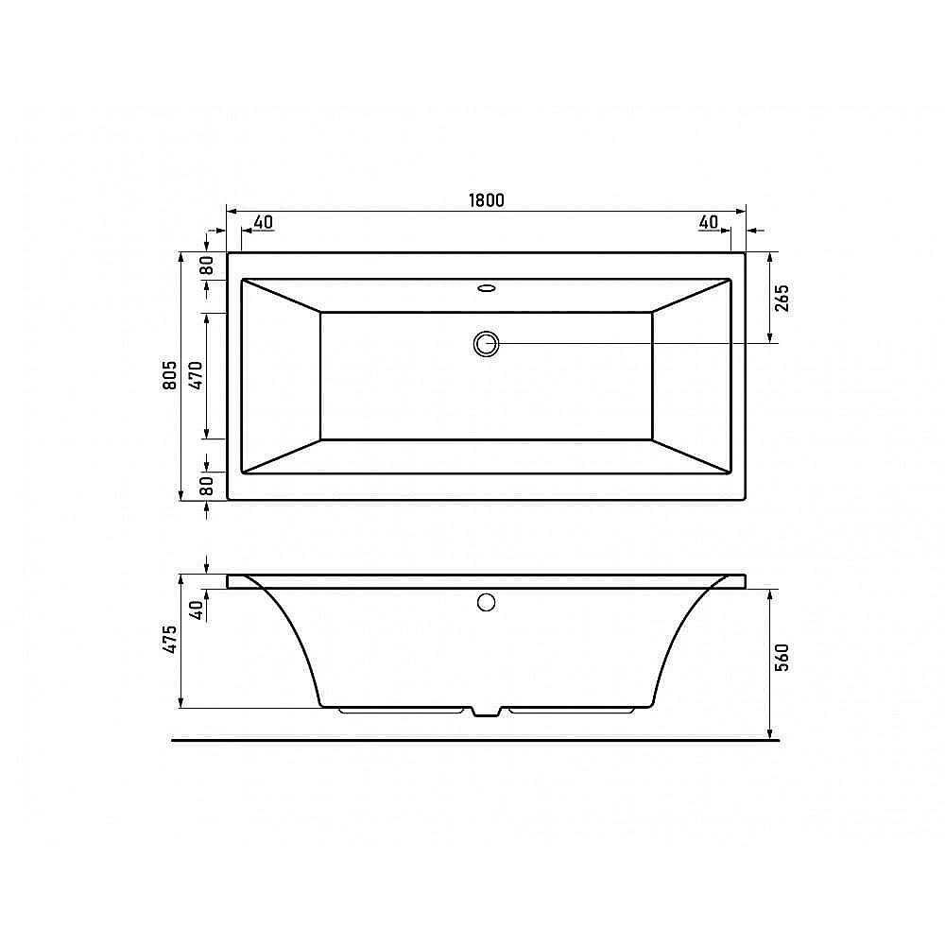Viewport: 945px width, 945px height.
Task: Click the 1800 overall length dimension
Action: [x=486, y=199]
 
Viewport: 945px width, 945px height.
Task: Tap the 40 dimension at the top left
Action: [x=264, y=222]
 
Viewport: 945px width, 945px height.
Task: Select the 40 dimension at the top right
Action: [x=709, y=222]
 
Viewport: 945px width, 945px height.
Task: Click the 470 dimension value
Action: [x=197, y=376]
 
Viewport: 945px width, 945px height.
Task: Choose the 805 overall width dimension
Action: [x=169, y=376]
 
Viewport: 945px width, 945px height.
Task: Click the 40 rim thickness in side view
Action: [x=197, y=610]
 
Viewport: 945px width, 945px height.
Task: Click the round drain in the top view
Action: [x=487, y=343]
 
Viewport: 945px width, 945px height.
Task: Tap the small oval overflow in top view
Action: [x=487, y=288]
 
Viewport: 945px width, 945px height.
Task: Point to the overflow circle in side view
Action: [x=487, y=601]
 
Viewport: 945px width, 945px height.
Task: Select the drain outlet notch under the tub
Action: [x=487, y=713]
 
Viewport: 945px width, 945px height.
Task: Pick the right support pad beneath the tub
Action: [x=572, y=711]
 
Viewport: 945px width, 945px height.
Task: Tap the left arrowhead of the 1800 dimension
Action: [x=232, y=211]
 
